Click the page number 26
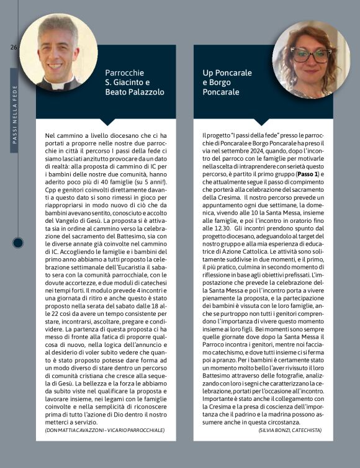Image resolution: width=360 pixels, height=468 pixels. pyautogui.click(x=13, y=48)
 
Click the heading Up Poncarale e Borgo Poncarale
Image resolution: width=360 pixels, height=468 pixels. pyautogui.click(x=227, y=83)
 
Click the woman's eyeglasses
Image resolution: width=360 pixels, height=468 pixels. pyautogui.click(x=311, y=55)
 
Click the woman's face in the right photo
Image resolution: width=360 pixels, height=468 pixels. pyautogui.click(x=312, y=59)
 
